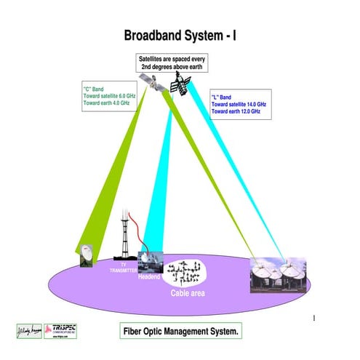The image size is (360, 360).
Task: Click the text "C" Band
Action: pyautogui.click(x=94, y=89)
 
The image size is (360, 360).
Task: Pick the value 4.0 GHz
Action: pyautogui.click(x=123, y=103)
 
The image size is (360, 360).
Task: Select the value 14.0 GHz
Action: pyautogui.click(x=257, y=105)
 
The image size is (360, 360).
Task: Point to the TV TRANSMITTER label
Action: pyautogui.click(x=123, y=268)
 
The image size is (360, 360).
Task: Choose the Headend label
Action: pyautogui.click(x=148, y=276)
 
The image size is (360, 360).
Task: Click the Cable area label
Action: pyautogui.click(x=188, y=293)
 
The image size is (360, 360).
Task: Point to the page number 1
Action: pyautogui.click(x=313, y=318)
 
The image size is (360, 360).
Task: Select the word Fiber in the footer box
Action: pyautogui.click(x=136, y=331)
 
